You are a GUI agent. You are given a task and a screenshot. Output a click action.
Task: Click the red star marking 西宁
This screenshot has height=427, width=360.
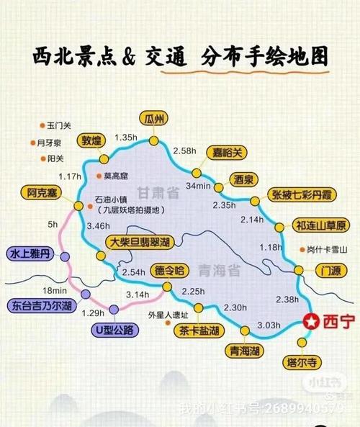[x=311, y=322]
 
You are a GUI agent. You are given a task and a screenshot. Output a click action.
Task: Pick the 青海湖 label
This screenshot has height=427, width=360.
[x=244, y=351]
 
